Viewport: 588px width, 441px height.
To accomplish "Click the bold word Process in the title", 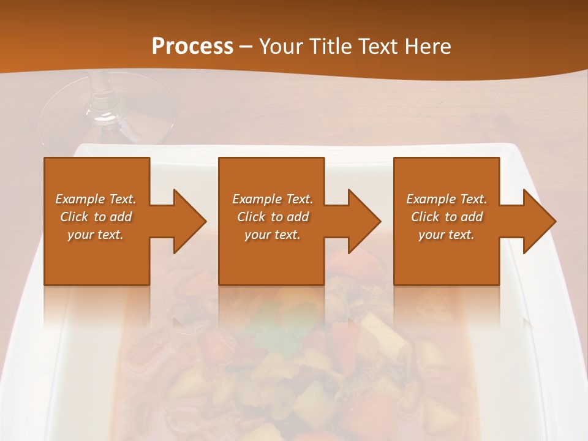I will [x=192, y=47].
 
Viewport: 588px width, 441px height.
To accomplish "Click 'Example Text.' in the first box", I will [x=96, y=199].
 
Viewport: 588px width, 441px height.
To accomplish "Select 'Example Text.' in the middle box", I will [x=273, y=199].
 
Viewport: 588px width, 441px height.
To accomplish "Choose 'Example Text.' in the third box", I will [x=447, y=199].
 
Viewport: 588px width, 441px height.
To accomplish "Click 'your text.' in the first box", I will [x=96, y=235].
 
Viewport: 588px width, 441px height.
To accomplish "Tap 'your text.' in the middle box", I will [x=273, y=235].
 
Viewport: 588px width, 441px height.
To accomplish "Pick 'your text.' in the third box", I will [x=447, y=235].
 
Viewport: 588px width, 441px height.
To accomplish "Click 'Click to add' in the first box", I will [x=96, y=217].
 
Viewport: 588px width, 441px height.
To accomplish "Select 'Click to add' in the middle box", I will [x=273, y=217].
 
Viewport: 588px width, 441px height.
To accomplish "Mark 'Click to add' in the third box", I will [x=447, y=217].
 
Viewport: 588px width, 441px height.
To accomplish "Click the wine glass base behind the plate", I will [x=107, y=119].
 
